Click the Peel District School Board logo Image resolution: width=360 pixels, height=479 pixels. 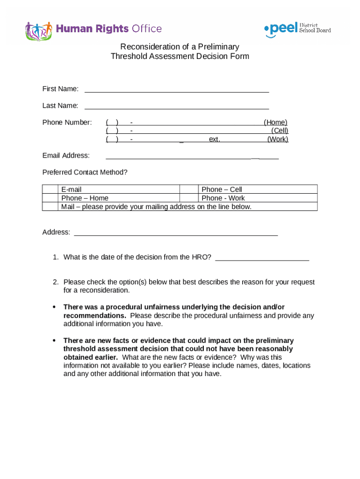click(x=297, y=29)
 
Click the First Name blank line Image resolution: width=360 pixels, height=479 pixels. click(x=176, y=89)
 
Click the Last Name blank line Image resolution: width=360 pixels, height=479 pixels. click(x=176, y=106)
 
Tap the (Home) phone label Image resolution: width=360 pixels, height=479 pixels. click(x=275, y=123)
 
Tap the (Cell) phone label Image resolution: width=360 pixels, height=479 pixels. click(x=280, y=131)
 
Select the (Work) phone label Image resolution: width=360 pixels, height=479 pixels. click(x=278, y=139)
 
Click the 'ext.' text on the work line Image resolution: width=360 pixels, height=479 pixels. click(x=214, y=139)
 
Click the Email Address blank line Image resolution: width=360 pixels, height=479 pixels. click(x=192, y=156)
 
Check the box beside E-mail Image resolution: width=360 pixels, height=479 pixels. click(x=50, y=189)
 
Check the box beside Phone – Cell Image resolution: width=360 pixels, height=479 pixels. click(x=188, y=189)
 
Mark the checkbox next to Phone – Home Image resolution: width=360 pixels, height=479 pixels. click(x=50, y=198)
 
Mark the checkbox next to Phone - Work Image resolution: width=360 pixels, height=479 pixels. click(x=188, y=198)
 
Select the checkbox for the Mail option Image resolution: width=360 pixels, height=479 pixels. click(x=50, y=206)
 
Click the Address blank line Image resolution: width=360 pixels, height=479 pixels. click(x=176, y=232)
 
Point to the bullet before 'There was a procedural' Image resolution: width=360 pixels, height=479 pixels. click(x=54, y=307)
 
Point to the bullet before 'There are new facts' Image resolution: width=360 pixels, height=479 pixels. click(x=54, y=341)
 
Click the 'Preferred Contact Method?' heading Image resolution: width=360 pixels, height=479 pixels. click(x=85, y=173)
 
